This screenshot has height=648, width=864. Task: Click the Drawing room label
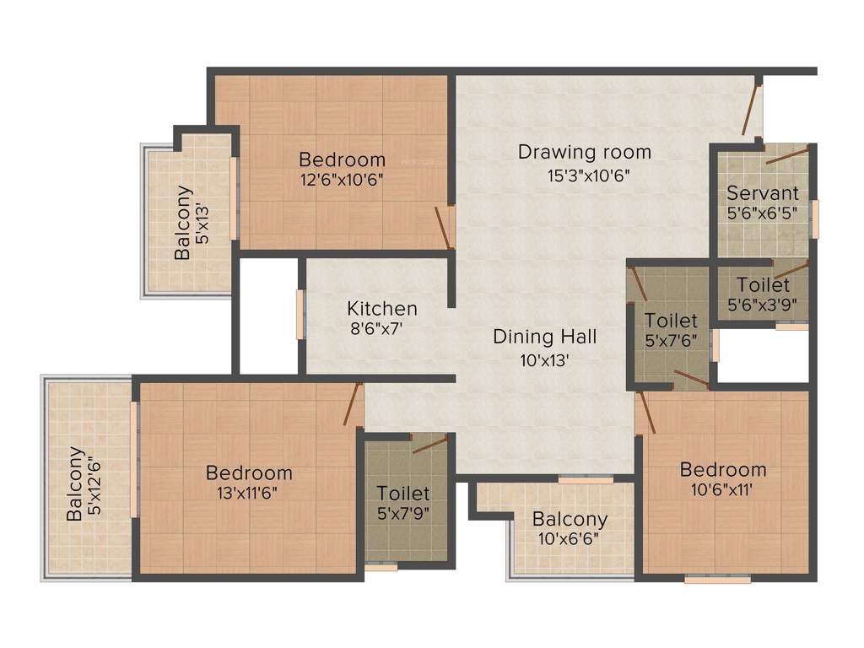tap(584, 152)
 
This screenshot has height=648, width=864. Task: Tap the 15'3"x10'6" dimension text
tap(588, 175)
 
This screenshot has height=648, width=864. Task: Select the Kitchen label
tap(381, 308)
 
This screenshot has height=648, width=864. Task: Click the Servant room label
tap(763, 192)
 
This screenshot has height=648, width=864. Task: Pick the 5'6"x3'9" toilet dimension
tap(763, 305)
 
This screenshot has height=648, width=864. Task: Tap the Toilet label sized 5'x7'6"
tap(671, 321)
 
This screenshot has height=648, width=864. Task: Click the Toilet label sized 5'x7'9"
tap(403, 493)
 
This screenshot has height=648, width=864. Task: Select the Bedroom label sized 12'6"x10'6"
tap(342, 159)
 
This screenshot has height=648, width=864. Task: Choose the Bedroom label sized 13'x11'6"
tap(249, 472)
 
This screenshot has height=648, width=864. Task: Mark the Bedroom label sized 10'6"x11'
tap(723, 469)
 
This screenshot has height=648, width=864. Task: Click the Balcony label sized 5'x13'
tap(183, 222)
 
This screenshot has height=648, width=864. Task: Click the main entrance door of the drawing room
tap(750, 108)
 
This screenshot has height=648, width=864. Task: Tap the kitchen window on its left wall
tap(300, 314)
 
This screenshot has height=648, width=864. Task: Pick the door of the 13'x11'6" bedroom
tap(353, 403)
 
